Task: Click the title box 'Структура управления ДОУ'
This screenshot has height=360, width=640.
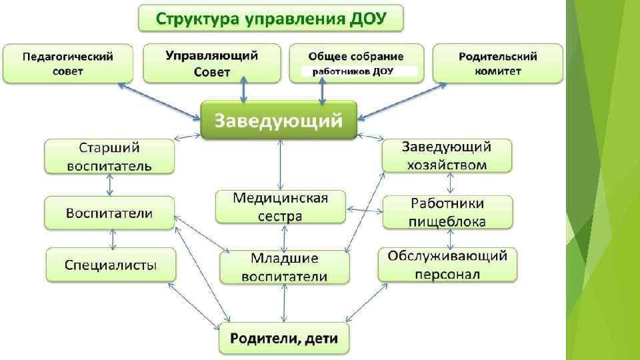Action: [x=271, y=18]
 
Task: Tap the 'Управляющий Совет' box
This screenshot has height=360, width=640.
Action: [x=212, y=63]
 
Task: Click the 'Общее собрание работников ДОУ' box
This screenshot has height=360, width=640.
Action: [x=356, y=63]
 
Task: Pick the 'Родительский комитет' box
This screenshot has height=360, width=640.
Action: [x=498, y=63]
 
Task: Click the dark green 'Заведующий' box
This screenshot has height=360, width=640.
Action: [x=279, y=121]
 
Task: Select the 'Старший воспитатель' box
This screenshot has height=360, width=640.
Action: [x=109, y=156]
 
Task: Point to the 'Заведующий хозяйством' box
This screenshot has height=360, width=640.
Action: [x=447, y=155]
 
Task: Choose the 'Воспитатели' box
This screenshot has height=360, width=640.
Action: [x=109, y=213]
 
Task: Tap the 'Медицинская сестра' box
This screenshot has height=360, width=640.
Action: [x=281, y=207]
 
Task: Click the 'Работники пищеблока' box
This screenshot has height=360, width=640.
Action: [x=447, y=212]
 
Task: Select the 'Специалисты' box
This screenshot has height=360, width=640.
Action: [x=111, y=265]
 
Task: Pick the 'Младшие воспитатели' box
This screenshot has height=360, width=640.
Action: [x=285, y=267]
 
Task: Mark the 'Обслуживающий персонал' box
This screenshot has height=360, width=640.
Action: [x=447, y=265]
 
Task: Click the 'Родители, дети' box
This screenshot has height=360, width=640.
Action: [x=284, y=339]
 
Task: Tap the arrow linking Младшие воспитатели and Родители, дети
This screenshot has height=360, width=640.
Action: [x=285, y=305]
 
